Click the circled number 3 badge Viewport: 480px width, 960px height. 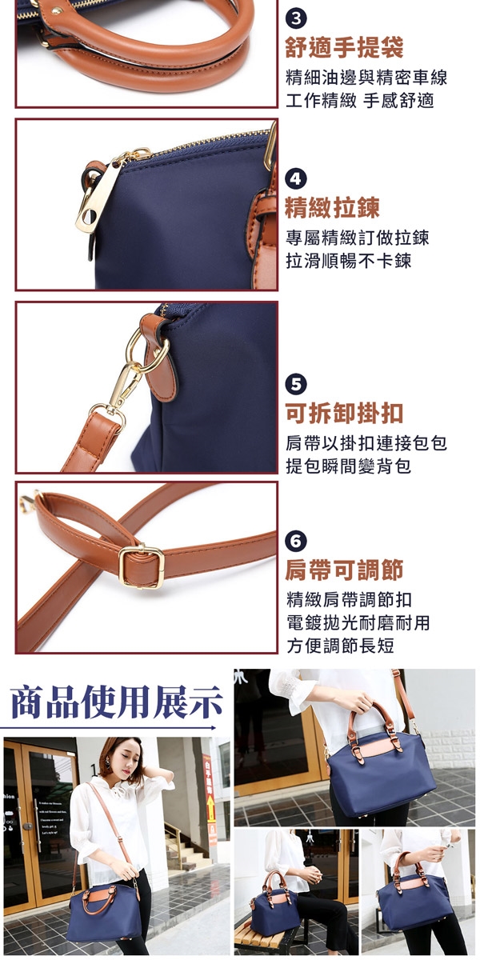[x=296, y=20]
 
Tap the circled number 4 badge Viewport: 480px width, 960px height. [x=296, y=179]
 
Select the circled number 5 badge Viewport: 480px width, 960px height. [x=296, y=384]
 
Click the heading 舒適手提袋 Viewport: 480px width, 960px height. [x=344, y=47]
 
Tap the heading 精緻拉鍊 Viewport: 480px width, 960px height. [x=333, y=207]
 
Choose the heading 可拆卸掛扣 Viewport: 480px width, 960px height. [x=344, y=412]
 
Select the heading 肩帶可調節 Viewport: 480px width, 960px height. [x=344, y=570]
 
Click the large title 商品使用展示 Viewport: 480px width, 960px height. [x=117, y=702]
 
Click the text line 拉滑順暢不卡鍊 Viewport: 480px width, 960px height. [x=349, y=261]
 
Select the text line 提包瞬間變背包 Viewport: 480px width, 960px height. [x=349, y=466]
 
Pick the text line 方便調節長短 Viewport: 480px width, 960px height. [x=340, y=646]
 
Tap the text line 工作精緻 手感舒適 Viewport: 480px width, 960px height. [x=360, y=101]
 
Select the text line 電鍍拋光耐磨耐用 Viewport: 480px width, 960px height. [x=358, y=622]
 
